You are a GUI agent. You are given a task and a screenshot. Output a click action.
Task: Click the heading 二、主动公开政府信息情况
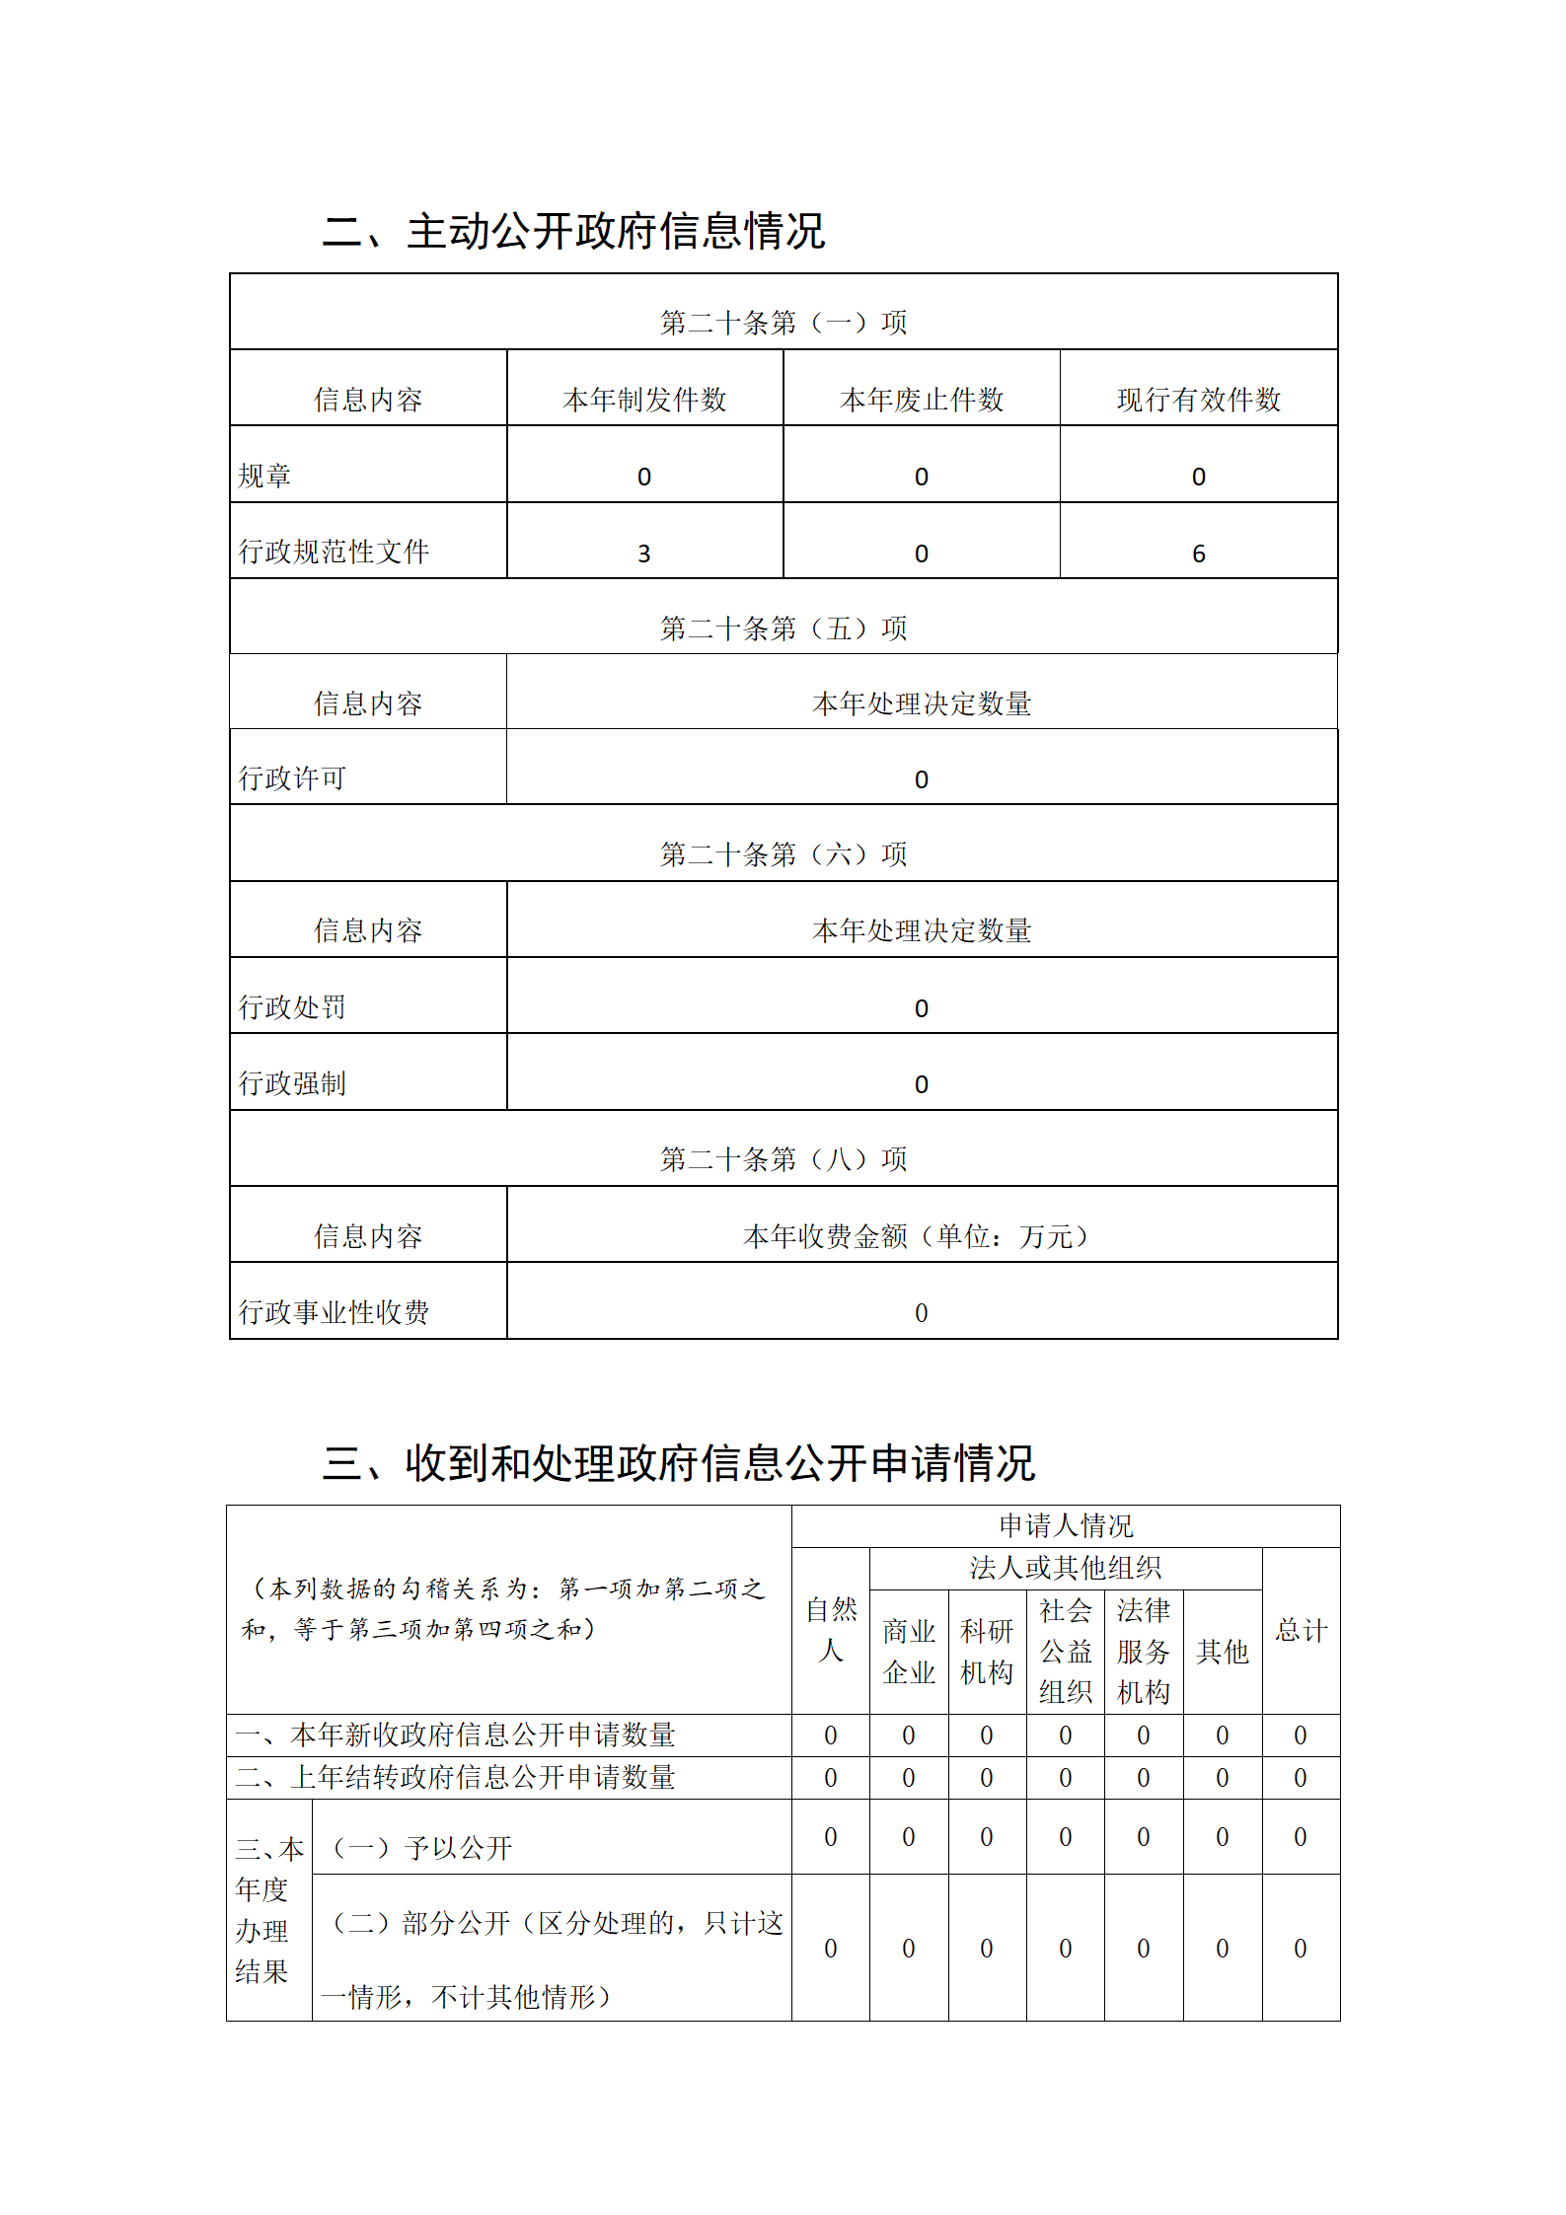point(573,231)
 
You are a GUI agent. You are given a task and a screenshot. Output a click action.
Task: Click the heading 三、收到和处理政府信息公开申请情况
point(678,1463)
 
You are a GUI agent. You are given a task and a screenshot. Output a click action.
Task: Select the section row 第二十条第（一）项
point(783,323)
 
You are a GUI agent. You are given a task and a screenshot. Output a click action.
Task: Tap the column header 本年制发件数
point(644,400)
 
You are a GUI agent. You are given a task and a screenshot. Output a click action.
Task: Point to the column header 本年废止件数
point(922,400)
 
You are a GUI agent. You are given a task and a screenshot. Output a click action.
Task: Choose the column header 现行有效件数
point(1199,400)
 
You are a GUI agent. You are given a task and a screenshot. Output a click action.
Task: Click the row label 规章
point(265,477)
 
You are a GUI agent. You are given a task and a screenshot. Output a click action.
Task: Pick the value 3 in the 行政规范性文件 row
point(644,554)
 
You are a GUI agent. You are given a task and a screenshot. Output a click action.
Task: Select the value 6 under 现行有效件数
point(1199,554)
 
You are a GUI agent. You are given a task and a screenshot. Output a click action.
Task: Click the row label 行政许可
point(292,778)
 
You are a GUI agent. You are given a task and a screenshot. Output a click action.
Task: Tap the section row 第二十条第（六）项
point(783,854)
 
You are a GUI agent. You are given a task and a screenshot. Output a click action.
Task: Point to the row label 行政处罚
point(292,1007)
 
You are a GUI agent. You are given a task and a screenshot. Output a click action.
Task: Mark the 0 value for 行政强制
point(922,1084)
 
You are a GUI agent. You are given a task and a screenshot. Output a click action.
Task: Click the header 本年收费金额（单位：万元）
point(916,1236)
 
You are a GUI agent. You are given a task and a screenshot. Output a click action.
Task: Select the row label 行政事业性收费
point(334,1312)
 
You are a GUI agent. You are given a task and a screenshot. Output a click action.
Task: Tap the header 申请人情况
point(1066,1526)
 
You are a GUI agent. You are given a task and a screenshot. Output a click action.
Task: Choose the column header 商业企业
point(909,1652)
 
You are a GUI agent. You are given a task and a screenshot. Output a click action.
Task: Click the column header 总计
point(1301,1630)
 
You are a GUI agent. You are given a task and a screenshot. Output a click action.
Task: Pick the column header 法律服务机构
point(1144,1652)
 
